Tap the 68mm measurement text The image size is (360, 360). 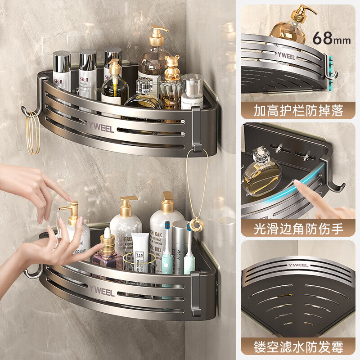click(x=332, y=37)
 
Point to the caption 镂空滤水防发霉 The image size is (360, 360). click(x=299, y=346)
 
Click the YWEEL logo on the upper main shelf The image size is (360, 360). click(x=102, y=126)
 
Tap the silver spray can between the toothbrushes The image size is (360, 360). click(x=179, y=245)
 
